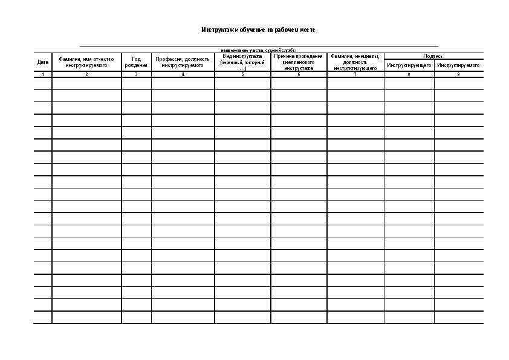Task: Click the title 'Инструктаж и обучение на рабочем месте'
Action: click(258, 30)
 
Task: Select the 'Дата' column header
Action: click(43, 62)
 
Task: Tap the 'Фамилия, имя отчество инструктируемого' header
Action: click(86, 62)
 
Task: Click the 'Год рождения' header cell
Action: click(136, 62)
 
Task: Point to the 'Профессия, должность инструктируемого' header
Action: click(183, 62)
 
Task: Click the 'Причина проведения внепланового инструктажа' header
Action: click(299, 62)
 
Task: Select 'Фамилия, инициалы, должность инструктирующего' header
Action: click(355, 62)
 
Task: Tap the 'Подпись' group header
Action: click(433, 56)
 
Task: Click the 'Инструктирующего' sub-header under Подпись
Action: click(409, 65)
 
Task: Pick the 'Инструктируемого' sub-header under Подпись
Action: click(458, 65)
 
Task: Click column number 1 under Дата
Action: click(43, 74)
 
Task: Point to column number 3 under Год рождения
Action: click(136, 74)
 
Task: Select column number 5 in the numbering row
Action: click(242, 74)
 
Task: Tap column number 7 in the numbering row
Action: click(355, 74)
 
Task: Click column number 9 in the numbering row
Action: click(458, 74)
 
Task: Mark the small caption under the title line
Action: click(258, 50)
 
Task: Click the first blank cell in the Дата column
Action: click(43, 83)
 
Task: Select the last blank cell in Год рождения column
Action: click(136, 317)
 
